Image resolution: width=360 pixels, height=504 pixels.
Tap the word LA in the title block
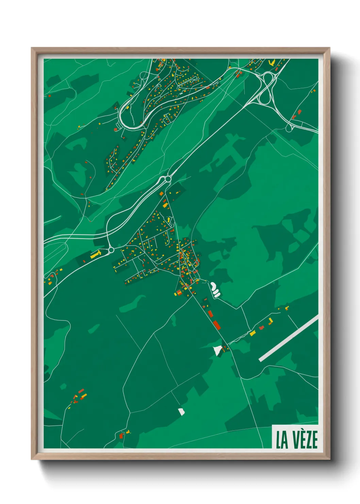[281, 440]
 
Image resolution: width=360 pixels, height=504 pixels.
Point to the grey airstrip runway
[289, 338]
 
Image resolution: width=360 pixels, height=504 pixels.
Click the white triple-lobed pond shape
[215, 289]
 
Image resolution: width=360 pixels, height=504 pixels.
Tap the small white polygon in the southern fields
[181, 412]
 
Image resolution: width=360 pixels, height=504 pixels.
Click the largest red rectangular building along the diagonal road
[217, 325]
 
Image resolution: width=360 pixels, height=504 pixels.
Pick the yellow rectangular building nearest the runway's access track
[252, 333]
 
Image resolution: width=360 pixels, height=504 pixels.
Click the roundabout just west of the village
[111, 250]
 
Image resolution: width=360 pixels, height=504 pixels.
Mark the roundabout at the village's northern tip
[167, 179]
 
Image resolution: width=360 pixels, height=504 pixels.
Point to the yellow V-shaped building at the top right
[271, 63]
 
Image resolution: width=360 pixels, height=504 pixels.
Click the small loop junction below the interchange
[289, 129]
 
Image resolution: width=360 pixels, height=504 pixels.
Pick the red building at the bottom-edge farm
[121, 436]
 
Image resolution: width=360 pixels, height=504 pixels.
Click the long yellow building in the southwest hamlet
[83, 396]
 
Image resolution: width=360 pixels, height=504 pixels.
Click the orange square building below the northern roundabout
[162, 194]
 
